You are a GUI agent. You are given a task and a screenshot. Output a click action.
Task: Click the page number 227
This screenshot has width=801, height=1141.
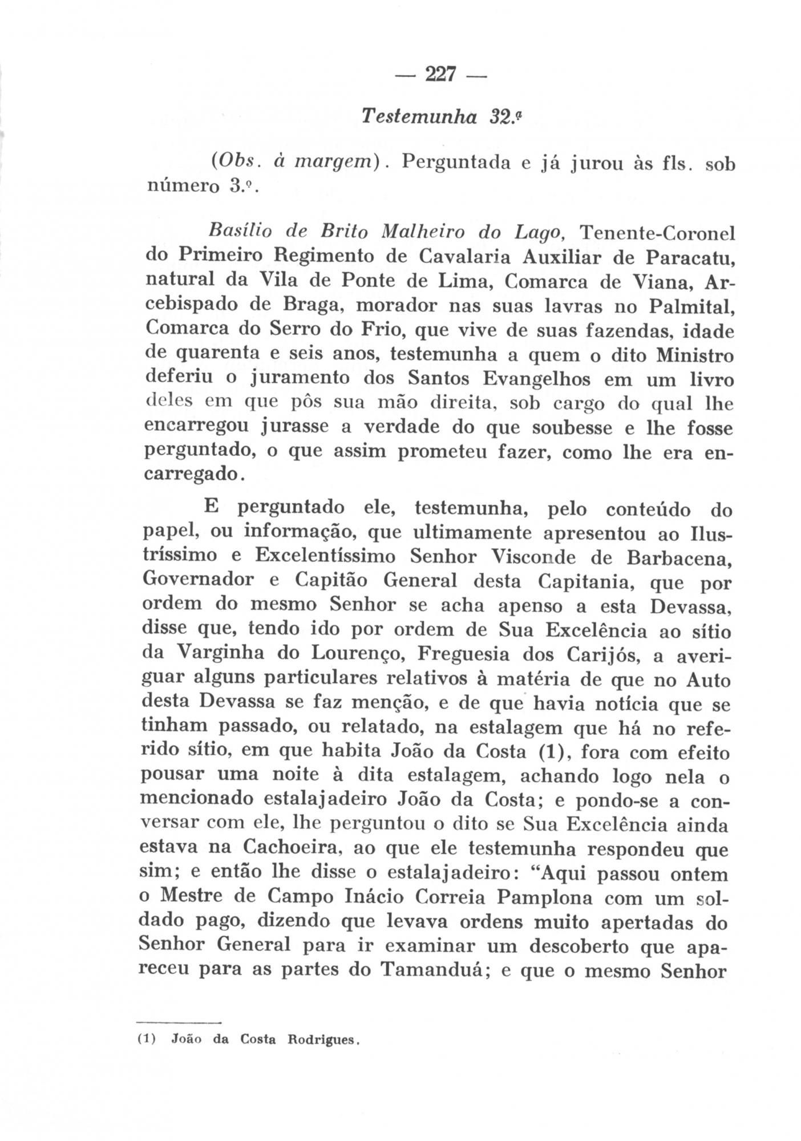click(x=439, y=74)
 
